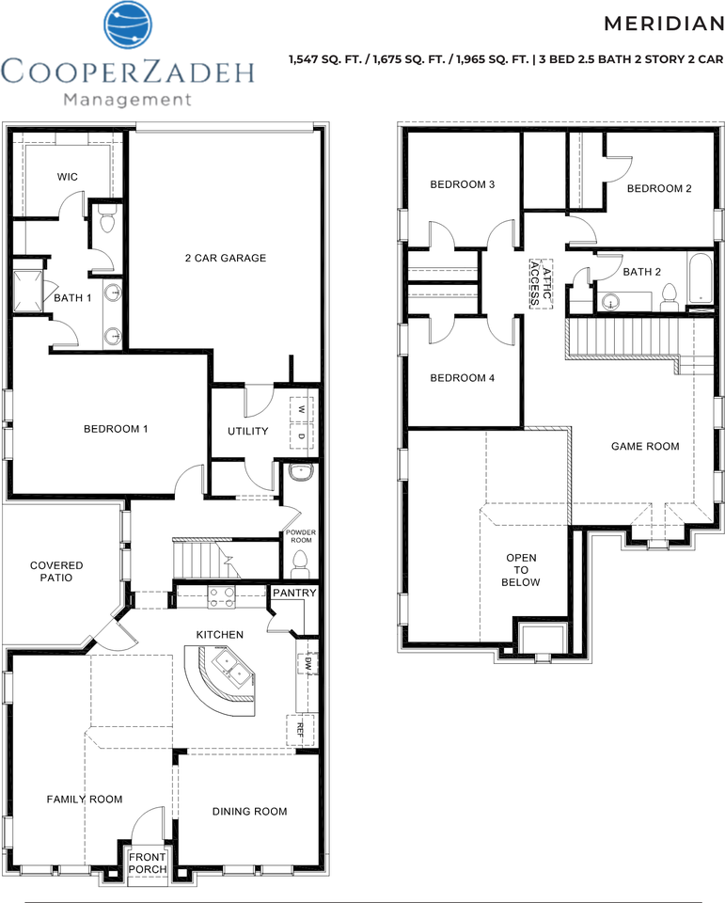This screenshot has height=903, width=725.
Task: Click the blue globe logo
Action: coord(129,24)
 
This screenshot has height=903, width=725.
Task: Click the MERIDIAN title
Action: coord(664,24)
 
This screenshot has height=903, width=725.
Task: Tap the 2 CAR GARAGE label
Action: coord(226,258)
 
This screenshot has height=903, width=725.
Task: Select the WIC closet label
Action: coord(68,177)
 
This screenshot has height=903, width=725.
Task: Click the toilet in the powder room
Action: coord(300,563)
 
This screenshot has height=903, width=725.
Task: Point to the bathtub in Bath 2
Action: coord(700,280)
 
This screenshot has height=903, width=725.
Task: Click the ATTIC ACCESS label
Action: coord(541,283)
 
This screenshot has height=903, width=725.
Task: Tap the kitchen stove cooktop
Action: coord(222,596)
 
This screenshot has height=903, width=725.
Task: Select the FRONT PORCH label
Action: coord(148,863)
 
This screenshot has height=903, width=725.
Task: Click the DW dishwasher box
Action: coord(307,664)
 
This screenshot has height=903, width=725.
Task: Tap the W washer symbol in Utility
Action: coord(301,409)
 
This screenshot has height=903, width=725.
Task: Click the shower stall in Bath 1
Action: coord(28,291)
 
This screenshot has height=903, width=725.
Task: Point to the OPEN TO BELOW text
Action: coord(521,570)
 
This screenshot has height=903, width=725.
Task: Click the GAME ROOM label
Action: coord(645,446)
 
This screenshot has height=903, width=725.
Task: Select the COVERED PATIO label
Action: coord(56,571)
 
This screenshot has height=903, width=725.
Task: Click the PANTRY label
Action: coord(294,593)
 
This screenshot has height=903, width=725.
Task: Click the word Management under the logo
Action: coord(127,100)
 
